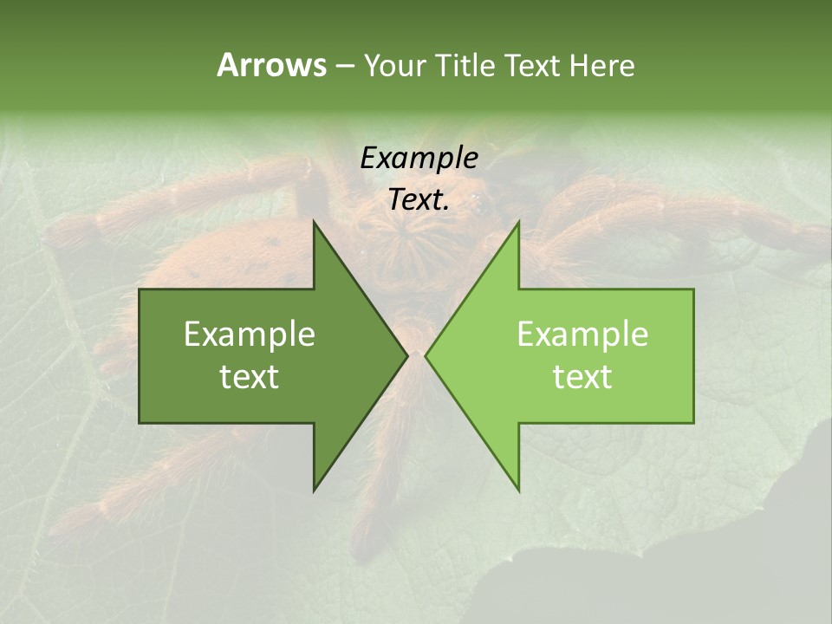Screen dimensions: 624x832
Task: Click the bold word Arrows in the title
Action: [x=271, y=65]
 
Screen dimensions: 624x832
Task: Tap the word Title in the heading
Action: [x=465, y=66]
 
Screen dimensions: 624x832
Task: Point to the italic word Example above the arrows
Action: [x=419, y=158]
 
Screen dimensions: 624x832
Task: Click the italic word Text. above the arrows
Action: [x=419, y=199]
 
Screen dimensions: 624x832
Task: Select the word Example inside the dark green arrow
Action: [x=250, y=335]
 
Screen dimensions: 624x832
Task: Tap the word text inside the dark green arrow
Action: [x=250, y=376]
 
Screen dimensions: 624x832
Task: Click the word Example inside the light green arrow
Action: [x=582, y=335]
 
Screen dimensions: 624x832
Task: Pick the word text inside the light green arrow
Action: [x=582, y=376]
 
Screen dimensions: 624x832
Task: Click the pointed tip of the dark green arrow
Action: [x=406, y=355]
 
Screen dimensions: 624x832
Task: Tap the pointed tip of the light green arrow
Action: [x=426, y=355]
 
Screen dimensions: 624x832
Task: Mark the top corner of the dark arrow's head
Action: [x=315, y=223]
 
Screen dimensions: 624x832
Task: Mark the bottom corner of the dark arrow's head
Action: [x=315, y=490]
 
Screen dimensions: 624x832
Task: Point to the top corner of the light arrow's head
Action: [x=518, y=223]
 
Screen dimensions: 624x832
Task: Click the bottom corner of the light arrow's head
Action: [x=518, y=490]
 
